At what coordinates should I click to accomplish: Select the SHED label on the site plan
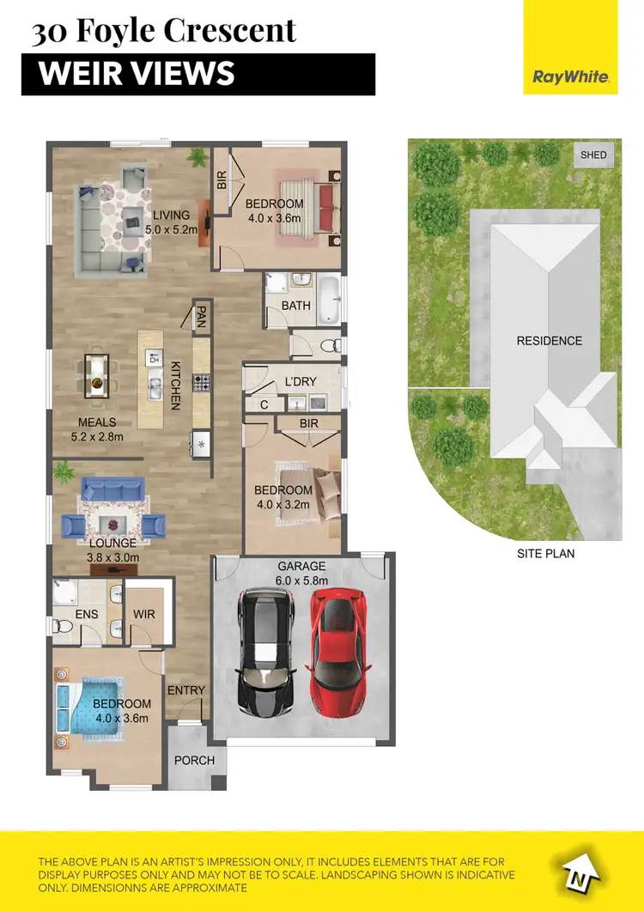pos(593,155)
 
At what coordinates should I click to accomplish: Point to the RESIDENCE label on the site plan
pos(549,341)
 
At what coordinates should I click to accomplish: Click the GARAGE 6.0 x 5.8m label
pos(301,574)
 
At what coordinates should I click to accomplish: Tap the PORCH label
pos(194,760)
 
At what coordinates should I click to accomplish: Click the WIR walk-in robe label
pos(143,615)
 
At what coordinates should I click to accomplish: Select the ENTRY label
pos(186,690)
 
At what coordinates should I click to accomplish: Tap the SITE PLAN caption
pos(545,553)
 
